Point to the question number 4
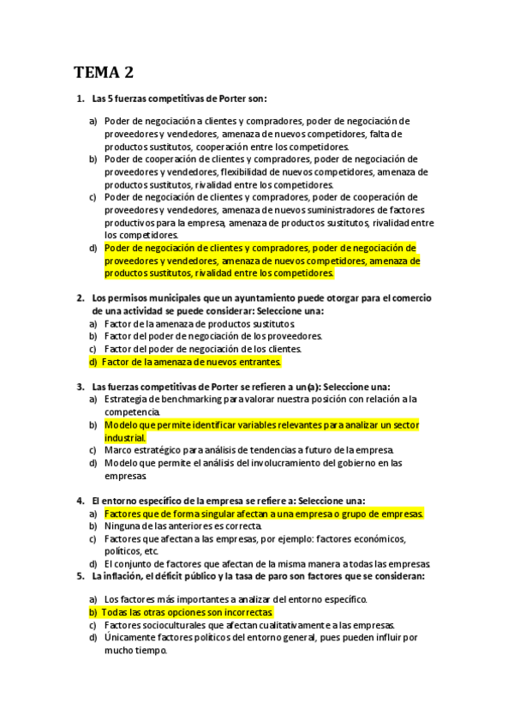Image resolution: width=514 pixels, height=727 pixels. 79,501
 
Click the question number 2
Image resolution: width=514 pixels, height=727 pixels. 79,297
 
